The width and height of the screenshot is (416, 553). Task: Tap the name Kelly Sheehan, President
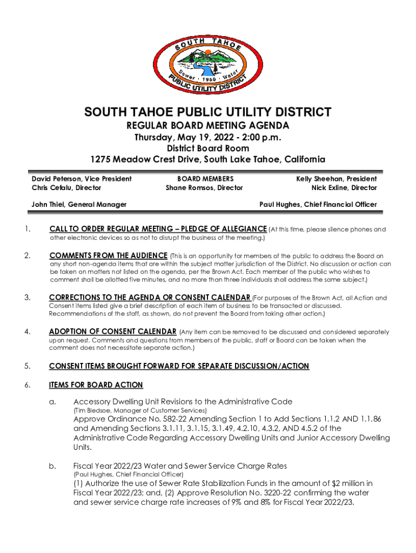coord(336,179)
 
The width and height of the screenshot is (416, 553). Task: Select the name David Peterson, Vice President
coord(82,179)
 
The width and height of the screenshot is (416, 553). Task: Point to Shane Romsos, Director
coord(204,188)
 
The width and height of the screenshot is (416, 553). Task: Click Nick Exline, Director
coord(344,188)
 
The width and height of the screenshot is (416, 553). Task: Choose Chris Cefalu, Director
coord(66,188)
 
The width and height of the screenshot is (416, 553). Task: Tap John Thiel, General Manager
coord(79,204)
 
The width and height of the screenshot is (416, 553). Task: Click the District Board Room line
coord(207,148)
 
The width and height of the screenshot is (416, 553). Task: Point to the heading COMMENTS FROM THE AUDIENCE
coord(108,255)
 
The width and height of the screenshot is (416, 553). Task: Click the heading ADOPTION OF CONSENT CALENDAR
coord(112,332)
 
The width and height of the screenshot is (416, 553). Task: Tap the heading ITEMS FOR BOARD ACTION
coord(96,385)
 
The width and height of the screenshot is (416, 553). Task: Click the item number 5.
coord(27,366)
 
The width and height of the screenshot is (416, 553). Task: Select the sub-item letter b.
coord(52,466)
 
